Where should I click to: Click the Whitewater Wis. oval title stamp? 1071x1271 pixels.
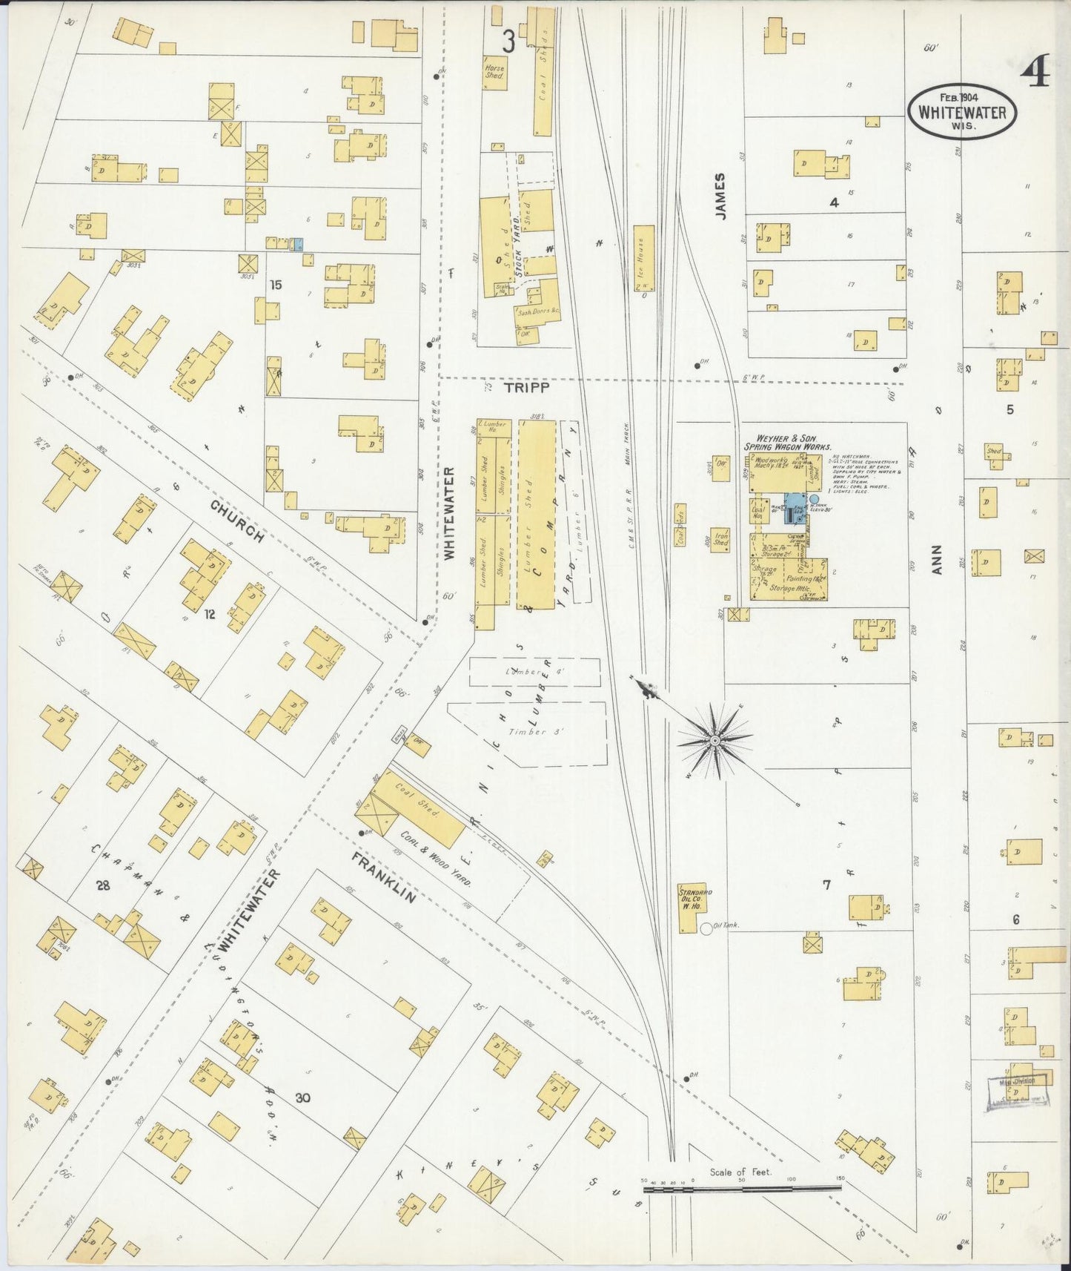tap(962, 110)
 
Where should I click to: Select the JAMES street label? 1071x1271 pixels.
tap(720, 195)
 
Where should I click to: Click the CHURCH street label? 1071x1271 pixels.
tap(237, 521)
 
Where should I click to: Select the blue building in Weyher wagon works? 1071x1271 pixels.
tap(795, 509)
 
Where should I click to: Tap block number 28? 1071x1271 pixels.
tap(102, 884)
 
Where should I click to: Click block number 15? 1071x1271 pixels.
tap(276, 284)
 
